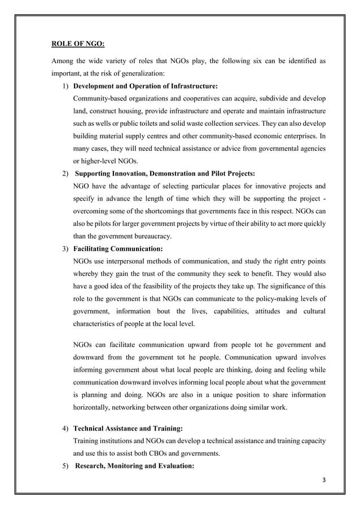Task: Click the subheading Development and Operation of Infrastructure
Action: (x=146, y=86)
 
